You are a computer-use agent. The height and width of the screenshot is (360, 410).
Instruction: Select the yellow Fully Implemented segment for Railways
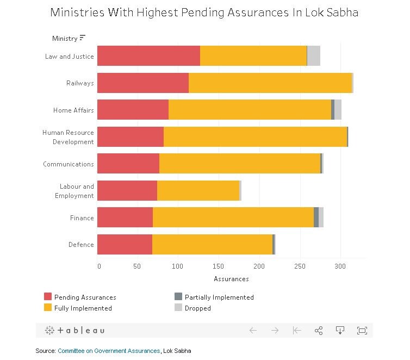click(x=270, y=83)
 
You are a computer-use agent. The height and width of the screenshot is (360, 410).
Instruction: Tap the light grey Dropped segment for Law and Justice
click(x=314, y=56)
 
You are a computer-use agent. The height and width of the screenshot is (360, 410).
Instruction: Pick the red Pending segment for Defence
click(x=125, y=244)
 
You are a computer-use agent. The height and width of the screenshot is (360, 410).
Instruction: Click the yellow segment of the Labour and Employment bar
click(x=198, y=190)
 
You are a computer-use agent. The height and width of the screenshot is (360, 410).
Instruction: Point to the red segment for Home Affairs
click(x=133, y=110)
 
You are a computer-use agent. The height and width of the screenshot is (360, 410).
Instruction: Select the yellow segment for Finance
click(x=233, y=218)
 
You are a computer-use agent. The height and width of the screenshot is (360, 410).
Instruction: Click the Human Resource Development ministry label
click(x=68, y=137)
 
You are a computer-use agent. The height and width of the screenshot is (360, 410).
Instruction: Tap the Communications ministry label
click(x=69, y=164)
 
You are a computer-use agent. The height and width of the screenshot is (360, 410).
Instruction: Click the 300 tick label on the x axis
click(x=340, y=266)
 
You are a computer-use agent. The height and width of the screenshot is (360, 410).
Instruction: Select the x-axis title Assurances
click(x=231, y=279)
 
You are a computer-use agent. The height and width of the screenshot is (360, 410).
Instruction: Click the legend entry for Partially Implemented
click(x=219, y=297)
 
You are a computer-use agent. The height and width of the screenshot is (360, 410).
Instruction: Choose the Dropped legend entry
click(x=197, y=308)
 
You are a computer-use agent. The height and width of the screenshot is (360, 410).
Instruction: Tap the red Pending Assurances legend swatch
click(x=48, y=297)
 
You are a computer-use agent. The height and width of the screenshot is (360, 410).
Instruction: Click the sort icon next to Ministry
click(x=83, y=38)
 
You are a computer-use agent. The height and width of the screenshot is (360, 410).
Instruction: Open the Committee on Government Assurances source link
click(x=109, y=351)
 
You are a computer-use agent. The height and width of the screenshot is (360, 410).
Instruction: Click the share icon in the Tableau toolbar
click(x=319, y=330)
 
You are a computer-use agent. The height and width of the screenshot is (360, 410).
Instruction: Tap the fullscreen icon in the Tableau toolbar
click(x=362, y=330)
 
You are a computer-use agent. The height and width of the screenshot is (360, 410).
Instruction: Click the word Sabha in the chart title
click(x=344, y=12)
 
